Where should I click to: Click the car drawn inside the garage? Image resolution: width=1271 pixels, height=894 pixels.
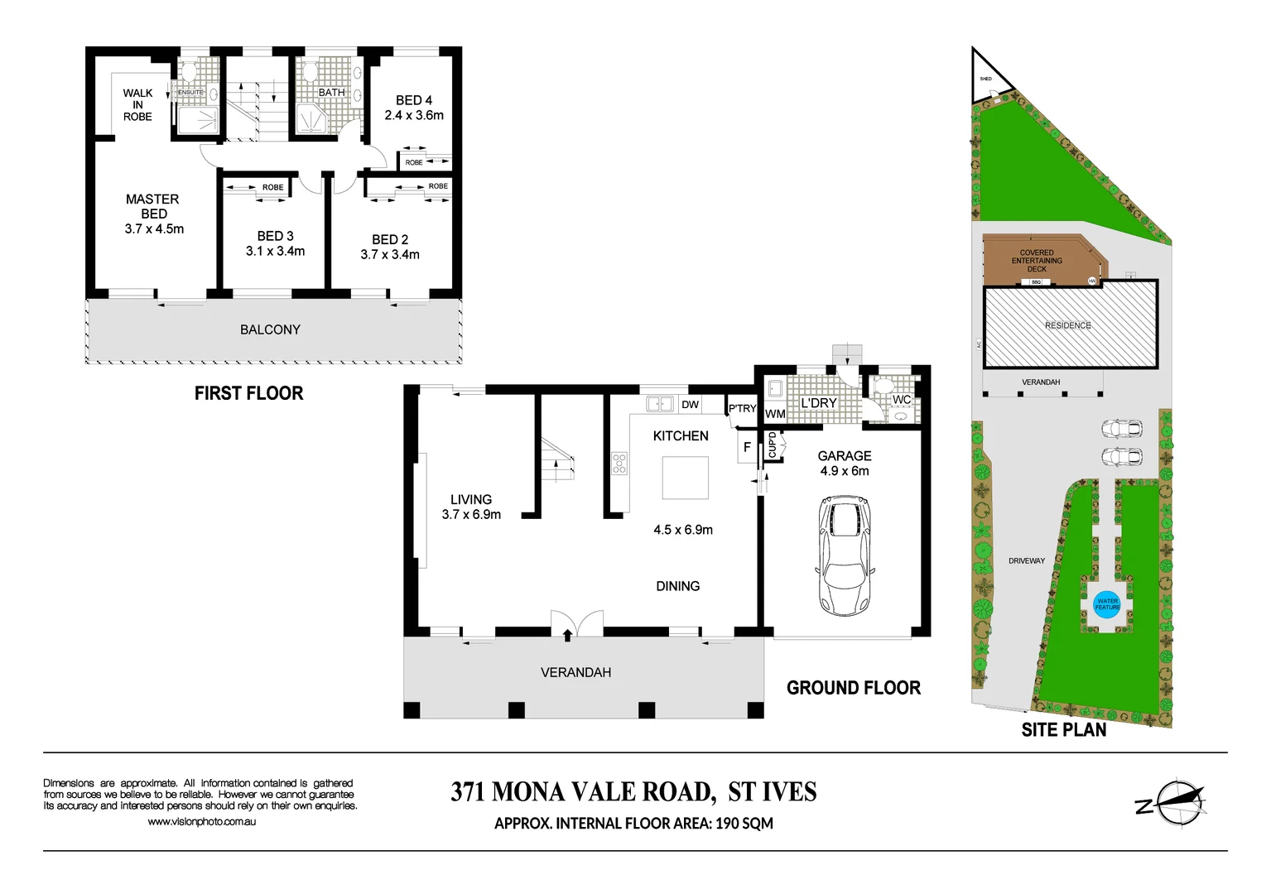point(845,555)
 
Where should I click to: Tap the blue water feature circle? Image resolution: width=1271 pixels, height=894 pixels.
point(1107,603)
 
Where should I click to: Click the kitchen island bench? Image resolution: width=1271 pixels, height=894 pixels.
point(685,478)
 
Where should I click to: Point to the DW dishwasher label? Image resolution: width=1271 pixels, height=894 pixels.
point(690,405)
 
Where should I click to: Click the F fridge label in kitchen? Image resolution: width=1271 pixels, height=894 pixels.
point(747,448)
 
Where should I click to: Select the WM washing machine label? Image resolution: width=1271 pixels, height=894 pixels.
point(775,414)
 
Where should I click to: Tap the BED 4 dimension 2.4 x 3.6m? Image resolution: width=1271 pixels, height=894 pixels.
point(414,116)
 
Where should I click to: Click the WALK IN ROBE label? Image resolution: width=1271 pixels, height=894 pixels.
point(137,105)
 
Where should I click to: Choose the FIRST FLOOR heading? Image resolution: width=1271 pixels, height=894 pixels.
point(248,393)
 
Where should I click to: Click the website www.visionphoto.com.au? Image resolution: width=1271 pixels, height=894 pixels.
point(201,822)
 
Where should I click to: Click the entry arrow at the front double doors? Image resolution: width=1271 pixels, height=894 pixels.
point(567,635)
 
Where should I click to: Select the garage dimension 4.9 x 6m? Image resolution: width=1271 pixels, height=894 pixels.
point(845,471)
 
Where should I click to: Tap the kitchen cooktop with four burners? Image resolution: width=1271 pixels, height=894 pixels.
point(619,464)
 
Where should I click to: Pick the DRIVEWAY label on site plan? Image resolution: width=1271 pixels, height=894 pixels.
point(1026,561)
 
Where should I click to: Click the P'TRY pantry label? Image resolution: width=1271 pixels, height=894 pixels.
point(742,408)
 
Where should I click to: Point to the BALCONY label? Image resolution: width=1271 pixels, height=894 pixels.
point(270,329)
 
